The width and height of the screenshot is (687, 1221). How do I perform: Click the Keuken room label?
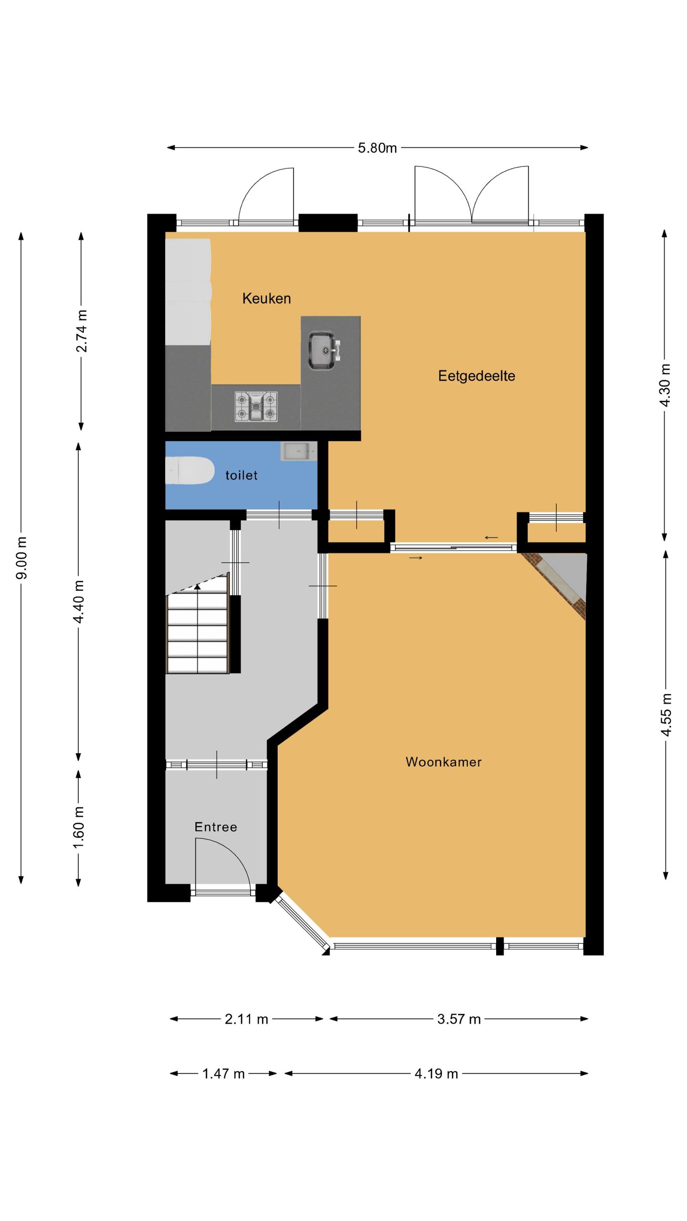266,299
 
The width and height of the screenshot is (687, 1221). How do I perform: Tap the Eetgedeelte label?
477,376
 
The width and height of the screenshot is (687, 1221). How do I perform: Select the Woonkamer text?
444,762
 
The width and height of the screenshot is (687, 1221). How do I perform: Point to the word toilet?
241,475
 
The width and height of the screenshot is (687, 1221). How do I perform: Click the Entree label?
216,827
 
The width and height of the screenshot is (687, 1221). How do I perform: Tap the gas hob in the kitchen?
256,406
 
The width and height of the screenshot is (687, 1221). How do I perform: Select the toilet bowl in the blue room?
189,471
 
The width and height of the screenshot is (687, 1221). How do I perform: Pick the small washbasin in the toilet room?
299,451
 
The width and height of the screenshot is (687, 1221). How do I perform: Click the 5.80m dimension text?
377,148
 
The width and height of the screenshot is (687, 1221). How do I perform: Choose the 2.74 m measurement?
82,331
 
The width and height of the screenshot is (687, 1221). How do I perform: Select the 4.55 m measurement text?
666,714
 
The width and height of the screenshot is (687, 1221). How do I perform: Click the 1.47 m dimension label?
223,1074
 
